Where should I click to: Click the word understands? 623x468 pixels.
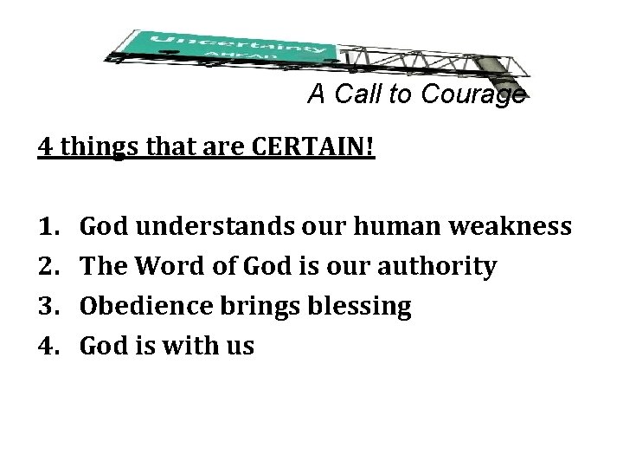197,228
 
